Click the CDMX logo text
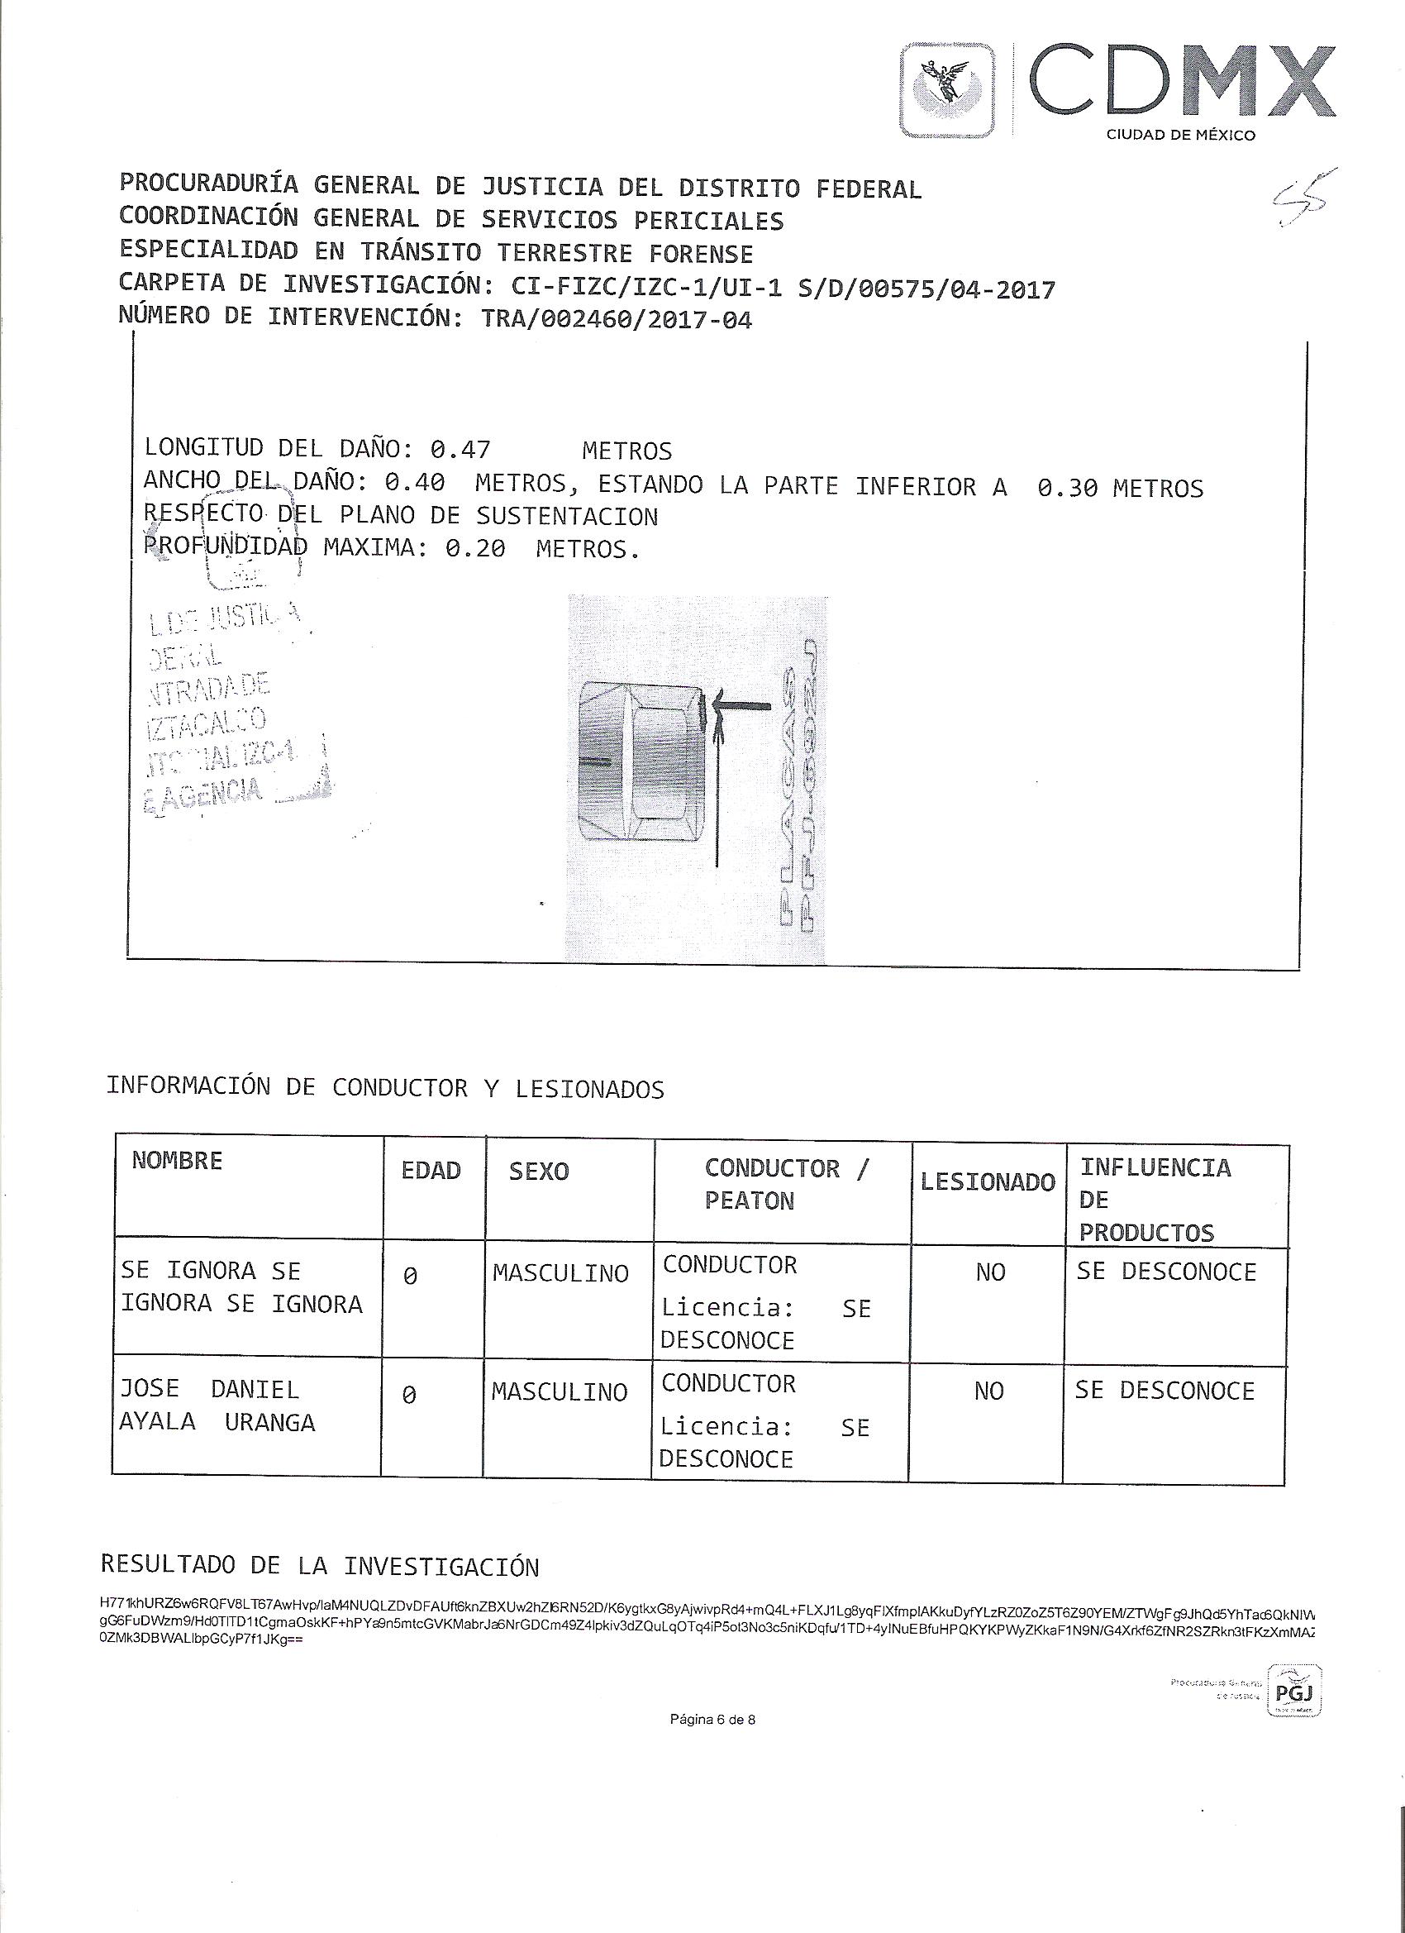tap(1180, 84)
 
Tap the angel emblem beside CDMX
tap(949, 90)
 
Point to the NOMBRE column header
tap(177, 1161)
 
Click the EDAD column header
tap(431, 1171)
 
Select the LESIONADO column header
tap(988, 1181)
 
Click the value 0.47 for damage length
tap(460, 449)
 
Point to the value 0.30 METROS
tap(1120, 489)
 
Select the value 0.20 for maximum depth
tap(474, 549)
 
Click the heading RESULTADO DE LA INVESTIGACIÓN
tap(320, 1567)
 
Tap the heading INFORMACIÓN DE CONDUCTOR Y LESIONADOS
tap(385, 1088)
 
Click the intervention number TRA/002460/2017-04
tap(617, 320)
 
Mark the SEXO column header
tap(539, 1171)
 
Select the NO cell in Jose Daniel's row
tap(988, 1391)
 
